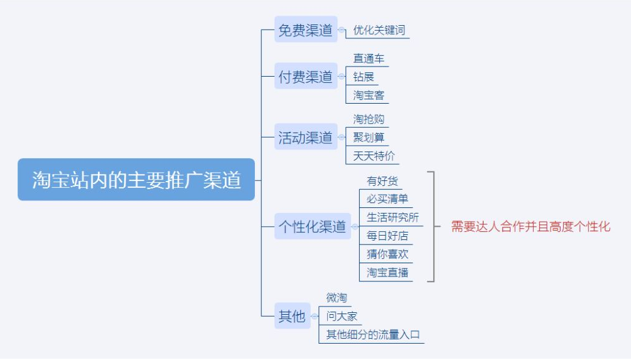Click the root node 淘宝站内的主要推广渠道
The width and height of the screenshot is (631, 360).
[136, 180]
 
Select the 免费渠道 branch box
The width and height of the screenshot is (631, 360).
[306, 30]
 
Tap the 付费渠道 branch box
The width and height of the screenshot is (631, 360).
[306, 76]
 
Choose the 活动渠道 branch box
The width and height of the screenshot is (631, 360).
[306, 137]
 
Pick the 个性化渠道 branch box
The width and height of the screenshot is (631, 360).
[313, 226]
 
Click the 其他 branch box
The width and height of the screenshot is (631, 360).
[292, 315]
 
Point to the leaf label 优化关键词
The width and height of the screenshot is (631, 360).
[379, 30]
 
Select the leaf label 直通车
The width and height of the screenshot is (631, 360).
[369, 58]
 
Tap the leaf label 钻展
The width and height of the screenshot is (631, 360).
[364, 77]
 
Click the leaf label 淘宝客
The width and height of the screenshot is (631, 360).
[369, 95]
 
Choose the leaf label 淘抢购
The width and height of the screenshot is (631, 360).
[369, 119]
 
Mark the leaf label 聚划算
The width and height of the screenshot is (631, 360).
[369, 138]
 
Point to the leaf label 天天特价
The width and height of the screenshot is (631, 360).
[374, 156]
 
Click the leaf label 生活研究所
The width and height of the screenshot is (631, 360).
[393, 217]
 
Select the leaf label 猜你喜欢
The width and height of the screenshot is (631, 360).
[387, 254]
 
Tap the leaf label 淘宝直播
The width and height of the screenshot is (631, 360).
[387, 273]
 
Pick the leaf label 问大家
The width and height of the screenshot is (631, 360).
[342, 316]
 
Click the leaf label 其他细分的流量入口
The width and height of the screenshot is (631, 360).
[373, 335]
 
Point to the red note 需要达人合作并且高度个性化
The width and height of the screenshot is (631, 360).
[531, 226]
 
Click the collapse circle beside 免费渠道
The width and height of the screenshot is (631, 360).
[342, 30]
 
